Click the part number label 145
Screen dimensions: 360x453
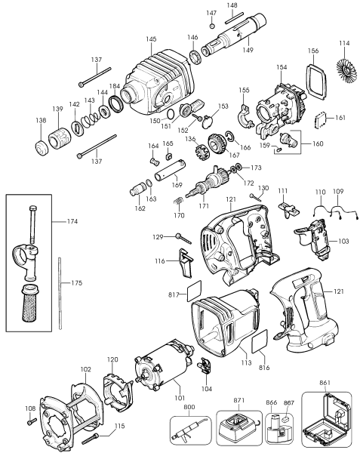[x=151, y=39]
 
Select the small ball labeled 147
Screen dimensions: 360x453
[x=212, y=26]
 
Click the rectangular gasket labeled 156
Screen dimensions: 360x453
[x=315, y=79]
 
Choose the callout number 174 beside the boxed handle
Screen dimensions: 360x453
[x=72, y=221]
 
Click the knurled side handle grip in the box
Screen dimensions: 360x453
[x=30, y=303]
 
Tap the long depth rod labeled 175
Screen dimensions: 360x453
[x=60, y=293]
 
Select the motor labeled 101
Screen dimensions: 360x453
[x=162, y=362]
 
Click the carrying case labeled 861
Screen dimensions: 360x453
[x=326, y=419]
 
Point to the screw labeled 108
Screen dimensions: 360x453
[x=32, y=421]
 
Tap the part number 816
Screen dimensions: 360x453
[x=264, y=368]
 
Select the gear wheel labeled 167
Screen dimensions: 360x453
[x=216, y=143]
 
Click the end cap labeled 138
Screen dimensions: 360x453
[x=42, y=148]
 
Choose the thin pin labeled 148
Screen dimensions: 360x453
[x=235, y=18]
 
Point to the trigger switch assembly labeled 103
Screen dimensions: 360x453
[x=314, y=238]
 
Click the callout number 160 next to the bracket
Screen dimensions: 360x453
[x=318, y=144]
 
